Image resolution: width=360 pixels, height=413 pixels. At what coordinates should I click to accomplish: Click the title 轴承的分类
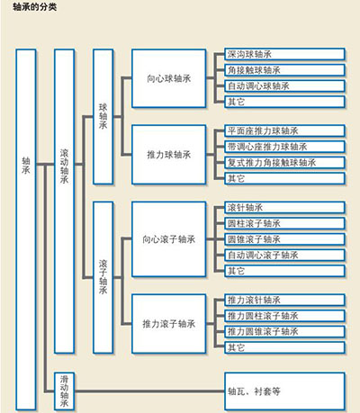click(35, 7)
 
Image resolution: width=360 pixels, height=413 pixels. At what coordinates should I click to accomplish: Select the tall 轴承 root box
click(26, 229)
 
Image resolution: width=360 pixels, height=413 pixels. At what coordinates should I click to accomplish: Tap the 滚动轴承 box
click(64, 202)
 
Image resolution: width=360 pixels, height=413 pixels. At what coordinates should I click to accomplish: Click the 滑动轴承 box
click(64, 391)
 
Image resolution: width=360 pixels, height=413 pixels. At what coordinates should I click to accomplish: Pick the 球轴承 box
click(103, 117)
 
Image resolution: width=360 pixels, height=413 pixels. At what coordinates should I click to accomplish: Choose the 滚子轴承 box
click(103, 277)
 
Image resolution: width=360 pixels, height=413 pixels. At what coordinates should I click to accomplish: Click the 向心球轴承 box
click(169, 78)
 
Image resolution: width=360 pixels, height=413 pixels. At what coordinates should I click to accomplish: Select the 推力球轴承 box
click(169, 155)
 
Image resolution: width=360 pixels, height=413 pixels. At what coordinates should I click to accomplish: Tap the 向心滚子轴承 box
click(169, 239)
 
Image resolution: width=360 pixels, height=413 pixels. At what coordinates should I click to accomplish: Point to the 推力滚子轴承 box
click(169, 324)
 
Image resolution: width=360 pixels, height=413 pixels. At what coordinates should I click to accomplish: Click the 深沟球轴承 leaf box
click(285, 54)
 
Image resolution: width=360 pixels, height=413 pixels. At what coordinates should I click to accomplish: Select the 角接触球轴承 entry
click(285, 70)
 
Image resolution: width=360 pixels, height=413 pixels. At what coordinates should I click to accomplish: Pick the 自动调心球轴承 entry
click(285, 86)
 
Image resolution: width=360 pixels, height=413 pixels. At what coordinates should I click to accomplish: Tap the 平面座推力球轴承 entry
click(285, 130)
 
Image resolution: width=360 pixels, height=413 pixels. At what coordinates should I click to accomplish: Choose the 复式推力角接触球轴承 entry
click(285, 163)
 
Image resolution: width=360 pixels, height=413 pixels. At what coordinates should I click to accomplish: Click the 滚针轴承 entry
click(285, 208)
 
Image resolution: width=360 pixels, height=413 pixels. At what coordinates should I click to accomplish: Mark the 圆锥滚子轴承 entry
click(285, 239)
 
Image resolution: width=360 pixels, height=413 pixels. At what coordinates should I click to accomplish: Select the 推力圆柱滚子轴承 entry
click(285, 316)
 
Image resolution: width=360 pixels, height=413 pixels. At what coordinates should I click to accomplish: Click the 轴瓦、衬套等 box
click(285, 391)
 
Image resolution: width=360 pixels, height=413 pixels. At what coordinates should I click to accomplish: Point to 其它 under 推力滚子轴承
click(285, 347)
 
